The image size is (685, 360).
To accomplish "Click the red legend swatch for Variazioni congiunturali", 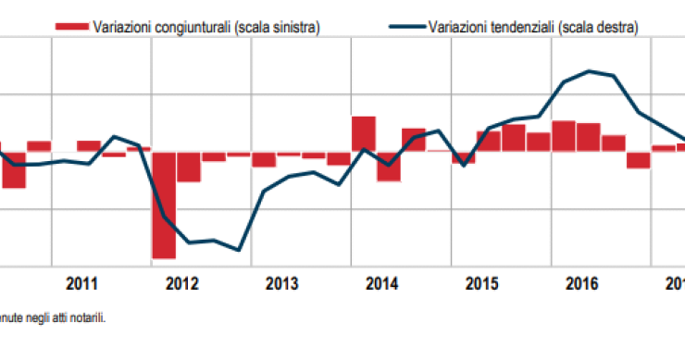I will click(72, 28).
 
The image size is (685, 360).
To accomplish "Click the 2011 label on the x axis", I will click(82, 283).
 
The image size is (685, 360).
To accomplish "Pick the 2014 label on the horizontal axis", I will click(381, 283).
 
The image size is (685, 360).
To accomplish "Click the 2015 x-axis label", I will click(481, 283).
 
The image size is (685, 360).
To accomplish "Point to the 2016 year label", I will click(580, 283).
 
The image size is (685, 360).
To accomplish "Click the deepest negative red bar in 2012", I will click(164, 205).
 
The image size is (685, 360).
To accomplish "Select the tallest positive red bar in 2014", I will click(364, 133).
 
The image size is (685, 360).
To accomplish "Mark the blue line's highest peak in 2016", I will click(589, 70).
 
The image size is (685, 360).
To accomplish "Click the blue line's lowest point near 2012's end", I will click(239, 250).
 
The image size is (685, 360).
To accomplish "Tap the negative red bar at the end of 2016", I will click(638, 159).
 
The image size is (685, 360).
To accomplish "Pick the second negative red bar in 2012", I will click(189, 167).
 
